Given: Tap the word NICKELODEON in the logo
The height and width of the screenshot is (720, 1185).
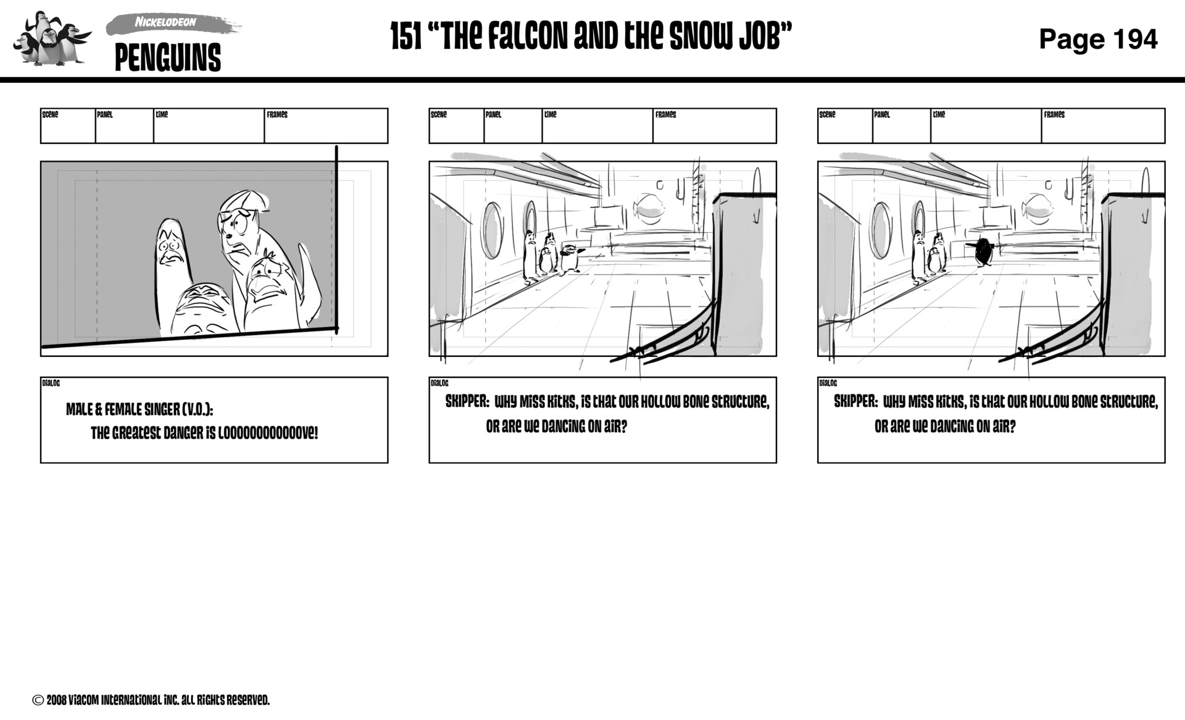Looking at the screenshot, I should [x=165, y=22].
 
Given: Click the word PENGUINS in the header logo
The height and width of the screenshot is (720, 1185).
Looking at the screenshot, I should [x=167, y=58].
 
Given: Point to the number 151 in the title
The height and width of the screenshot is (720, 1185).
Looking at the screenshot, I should [x=405, y=37].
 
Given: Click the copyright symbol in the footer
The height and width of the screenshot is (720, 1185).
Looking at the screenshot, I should [x=38, y=700].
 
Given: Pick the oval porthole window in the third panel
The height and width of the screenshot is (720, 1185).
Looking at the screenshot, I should [x=881, y=230].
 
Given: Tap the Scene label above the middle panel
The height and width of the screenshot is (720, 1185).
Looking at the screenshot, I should [x=438, y=115].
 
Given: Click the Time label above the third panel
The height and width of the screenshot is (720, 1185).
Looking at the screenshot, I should [x=939, y=115].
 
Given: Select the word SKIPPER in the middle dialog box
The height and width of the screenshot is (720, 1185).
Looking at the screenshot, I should [x=467, y=402].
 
